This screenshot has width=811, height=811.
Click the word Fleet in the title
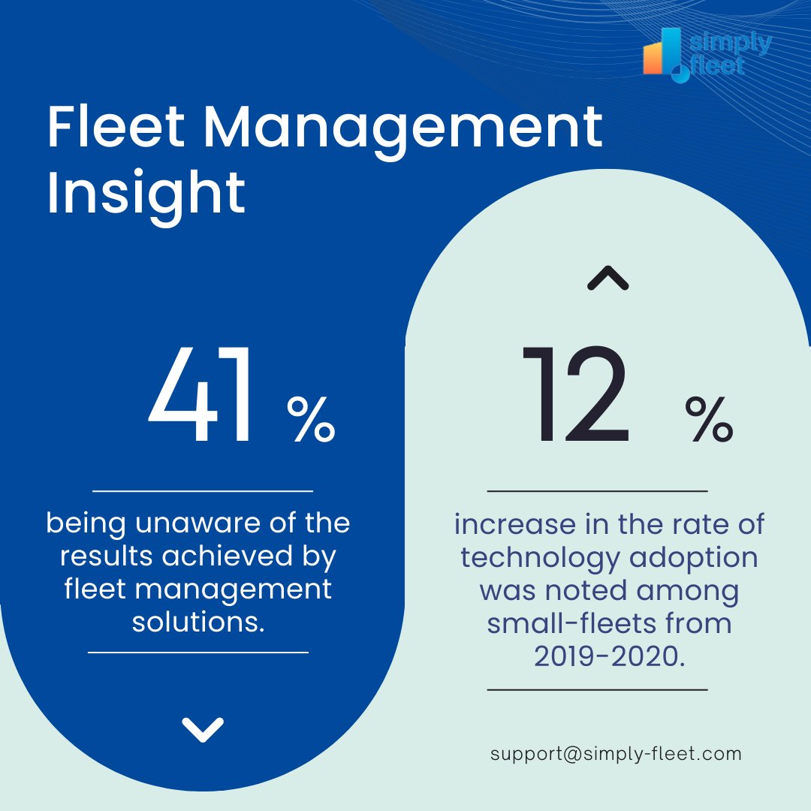point(115,127)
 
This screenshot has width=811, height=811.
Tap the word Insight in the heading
point(146,192)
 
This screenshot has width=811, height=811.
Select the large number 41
point(201,396)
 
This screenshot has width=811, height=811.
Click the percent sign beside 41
point(311,420)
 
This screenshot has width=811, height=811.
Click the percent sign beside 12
point(708,420)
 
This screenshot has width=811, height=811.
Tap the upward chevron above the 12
point(607,279)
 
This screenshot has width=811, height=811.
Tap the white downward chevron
point(203,728)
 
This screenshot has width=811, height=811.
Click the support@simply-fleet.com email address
point(616,754)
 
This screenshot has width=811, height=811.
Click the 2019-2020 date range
point(610,656)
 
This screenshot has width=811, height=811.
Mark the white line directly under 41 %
point(202,491)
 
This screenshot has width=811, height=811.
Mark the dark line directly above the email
point(597,689)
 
